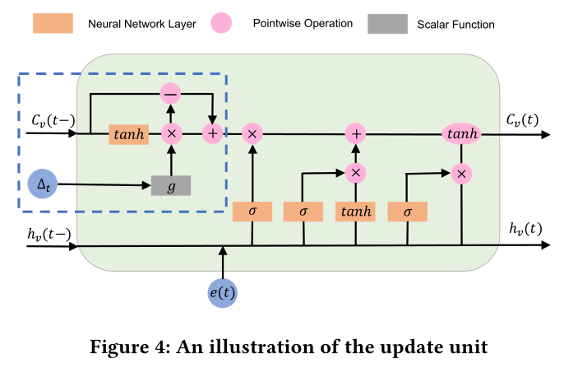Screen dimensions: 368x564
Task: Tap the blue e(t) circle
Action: [223, 291]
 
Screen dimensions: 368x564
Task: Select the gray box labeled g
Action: [171, 186]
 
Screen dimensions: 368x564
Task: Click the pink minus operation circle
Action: [171, 93]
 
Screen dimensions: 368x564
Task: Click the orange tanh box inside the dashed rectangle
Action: [128, 133]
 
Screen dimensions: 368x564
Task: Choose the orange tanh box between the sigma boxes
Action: [355, 212]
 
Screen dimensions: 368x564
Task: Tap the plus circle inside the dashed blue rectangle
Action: [213, 133]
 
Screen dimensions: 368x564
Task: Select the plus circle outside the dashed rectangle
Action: [355, 133]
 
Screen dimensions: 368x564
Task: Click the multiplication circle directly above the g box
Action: [171, 133]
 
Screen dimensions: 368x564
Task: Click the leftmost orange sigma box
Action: [252, 212]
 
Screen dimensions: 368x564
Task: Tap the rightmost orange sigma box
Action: [407, 212]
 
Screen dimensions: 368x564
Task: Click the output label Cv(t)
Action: [522, 121]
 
